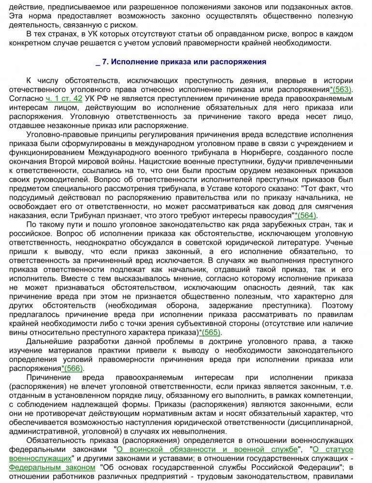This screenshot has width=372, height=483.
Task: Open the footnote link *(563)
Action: [x=341, y=90]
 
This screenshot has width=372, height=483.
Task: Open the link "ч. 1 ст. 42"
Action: [x=64, y=99]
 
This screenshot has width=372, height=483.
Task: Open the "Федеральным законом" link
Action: [x=53, y=467]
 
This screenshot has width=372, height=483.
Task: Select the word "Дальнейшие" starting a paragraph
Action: [x=47, y=341]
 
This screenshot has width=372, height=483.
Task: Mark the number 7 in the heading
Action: [x=105, y=62]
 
